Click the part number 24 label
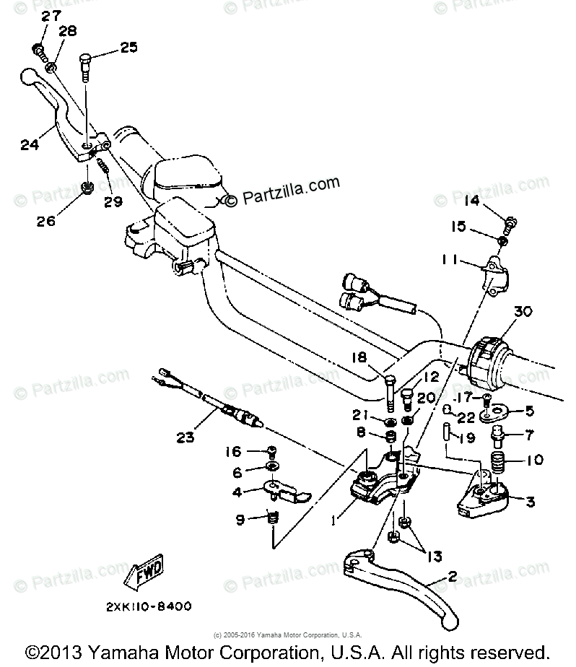pos(30,144)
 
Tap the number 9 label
pos(238,518)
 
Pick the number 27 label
pos(51,16)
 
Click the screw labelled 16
pos(273,453)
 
